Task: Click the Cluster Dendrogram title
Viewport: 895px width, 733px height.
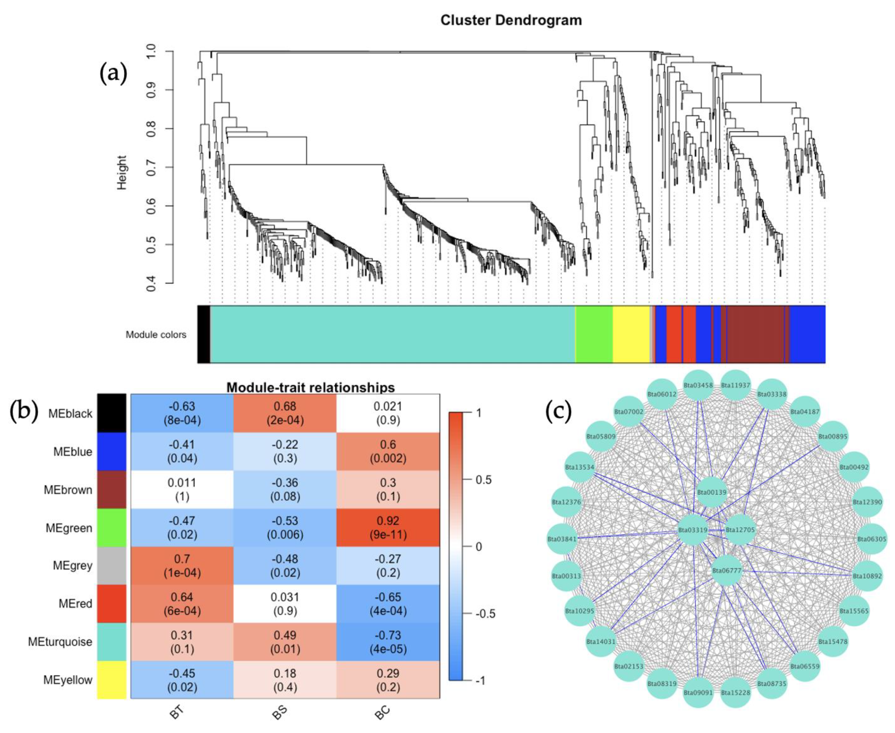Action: tap(511, 20)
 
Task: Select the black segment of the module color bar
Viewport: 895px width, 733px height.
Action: tap(204, 334)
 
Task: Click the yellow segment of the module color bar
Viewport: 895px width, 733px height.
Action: tap(630, 334)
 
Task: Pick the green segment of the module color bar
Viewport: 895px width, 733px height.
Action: tap(594, 334)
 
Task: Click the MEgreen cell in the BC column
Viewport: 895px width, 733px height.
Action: tap(388, 527)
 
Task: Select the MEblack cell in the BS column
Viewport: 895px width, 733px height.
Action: tap(285, 413)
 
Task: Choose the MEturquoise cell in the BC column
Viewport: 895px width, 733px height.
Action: tap(388, 642)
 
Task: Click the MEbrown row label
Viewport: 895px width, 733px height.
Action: tap(68, 490)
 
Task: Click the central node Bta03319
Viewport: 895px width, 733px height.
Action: tap(692, 529)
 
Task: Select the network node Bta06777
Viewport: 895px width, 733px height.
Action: tap(726, 571)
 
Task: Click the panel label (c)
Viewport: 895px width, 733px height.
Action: tap(558, 411)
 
